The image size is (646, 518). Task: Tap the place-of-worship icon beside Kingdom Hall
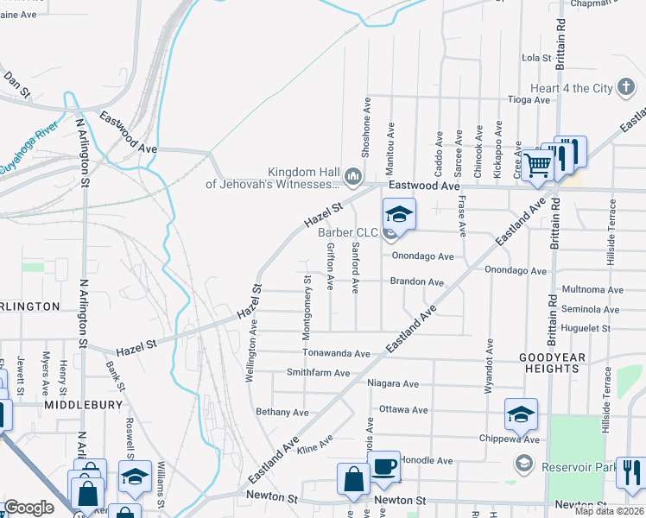tap(352, 178)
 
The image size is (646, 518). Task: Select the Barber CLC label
tap(348, 232)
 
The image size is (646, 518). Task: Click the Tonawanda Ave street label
tap(336, 353)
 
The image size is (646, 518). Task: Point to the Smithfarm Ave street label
tap(318, 373)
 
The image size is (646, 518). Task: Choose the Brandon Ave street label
tap(416, 282)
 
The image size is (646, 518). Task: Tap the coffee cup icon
tap(385, 466)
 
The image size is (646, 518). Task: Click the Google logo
tap(28, 508)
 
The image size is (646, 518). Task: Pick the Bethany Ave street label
tap(282, 412)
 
